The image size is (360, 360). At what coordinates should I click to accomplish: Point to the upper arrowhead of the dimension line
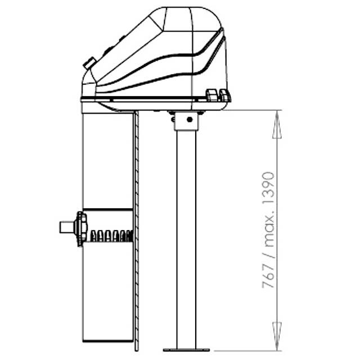(x=277, y=124)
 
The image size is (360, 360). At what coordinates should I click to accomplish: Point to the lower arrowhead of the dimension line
(x=277, y=336)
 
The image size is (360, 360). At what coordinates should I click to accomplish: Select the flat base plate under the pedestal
(x=186, y=350)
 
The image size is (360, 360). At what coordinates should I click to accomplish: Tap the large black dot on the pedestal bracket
(x=190, y=119)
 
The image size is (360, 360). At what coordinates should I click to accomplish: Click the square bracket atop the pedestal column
(x=186, y=121)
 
